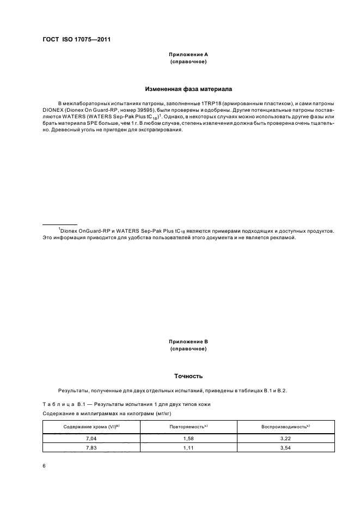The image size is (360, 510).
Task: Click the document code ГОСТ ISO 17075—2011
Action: (76, 39)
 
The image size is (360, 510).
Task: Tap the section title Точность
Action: (188, 375)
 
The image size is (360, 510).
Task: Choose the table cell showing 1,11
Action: (188, 447)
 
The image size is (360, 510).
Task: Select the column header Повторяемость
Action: (188, 427)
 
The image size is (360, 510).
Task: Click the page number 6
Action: (44, 466)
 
